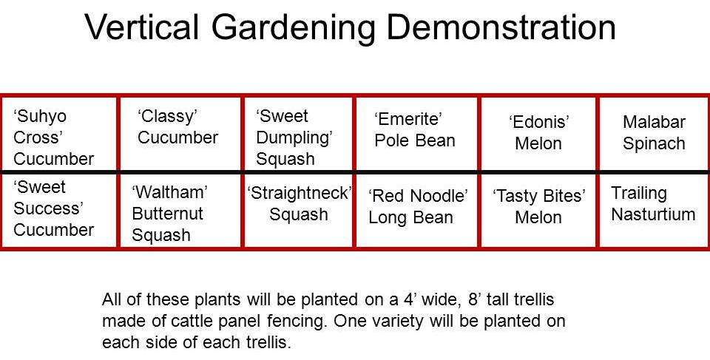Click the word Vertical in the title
(x=141, y=27)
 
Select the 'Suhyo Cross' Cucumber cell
(x=59, y=134)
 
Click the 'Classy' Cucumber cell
(x=180, y=134)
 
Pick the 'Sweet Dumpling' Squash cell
(x=298, y=134)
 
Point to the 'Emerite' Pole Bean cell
(x=417, y=134)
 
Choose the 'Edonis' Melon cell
(x=539, y=134)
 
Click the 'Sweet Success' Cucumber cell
(x=59, y=211)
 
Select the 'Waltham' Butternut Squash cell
(x=180, y=211)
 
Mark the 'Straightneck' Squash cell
(x=298, y=211)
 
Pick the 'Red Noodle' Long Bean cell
(x=417, y=211)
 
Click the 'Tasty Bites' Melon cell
(x=539, y=211)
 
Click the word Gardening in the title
(x=292, y=29)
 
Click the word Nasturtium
(x=653, y=214)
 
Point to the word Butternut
(x=168, y=214)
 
